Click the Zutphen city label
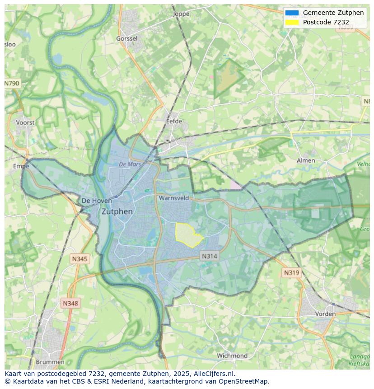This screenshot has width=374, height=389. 117,211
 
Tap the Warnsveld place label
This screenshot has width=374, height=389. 173,198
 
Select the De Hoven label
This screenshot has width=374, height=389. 93,201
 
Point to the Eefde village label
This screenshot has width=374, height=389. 174,121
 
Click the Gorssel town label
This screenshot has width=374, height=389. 126,39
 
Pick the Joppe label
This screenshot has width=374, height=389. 181,14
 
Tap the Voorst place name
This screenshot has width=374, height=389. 25,122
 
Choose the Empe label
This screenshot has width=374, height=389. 21,166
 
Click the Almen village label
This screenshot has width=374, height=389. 306,160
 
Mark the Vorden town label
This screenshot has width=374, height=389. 325,314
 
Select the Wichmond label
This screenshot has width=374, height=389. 232,356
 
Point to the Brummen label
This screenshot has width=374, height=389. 50,362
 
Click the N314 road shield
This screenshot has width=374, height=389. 209,256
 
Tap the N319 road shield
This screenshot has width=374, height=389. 291,273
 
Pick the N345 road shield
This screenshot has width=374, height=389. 79,259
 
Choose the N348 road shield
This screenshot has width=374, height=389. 70,304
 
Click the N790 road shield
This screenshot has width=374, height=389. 12,84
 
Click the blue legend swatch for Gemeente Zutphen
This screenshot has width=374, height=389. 292,13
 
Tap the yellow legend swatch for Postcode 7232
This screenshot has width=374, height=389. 292,22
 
